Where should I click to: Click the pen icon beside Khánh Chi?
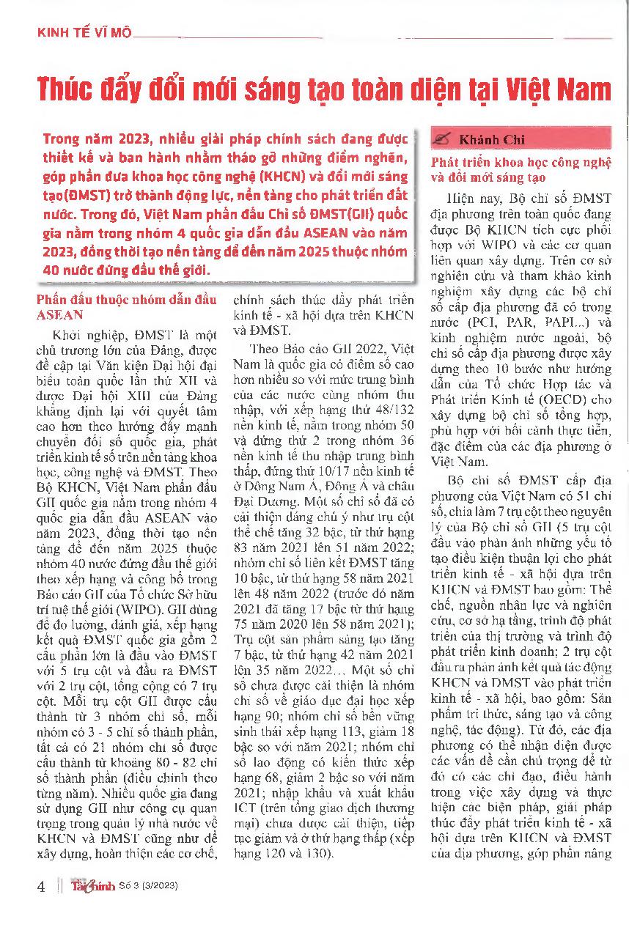point(443,139)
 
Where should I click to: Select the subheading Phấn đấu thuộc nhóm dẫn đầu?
point(127,300)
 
